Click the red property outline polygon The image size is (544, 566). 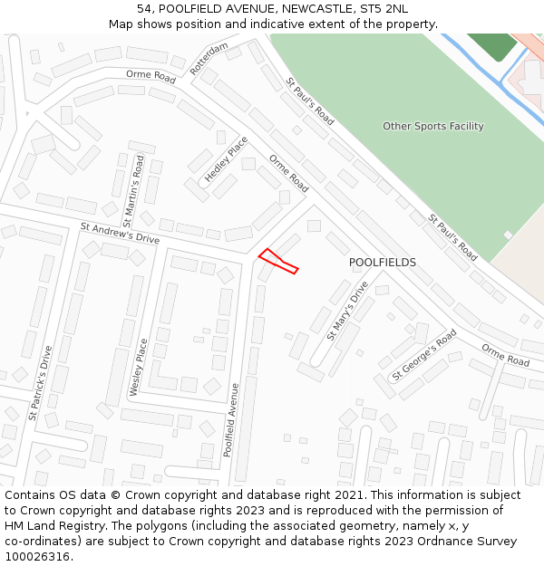[278, 261]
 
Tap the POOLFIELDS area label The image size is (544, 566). [383, 263]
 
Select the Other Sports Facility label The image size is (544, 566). [432, 127]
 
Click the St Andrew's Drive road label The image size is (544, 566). [120, 234]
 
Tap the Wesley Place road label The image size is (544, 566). [139, 368]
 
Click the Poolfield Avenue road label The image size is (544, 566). [232, 419]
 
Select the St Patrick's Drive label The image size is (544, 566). [40, 383]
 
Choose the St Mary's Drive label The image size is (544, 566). [347, 310]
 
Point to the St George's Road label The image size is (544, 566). [424, 354]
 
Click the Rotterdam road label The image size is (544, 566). [209, 58]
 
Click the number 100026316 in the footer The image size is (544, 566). [38, 557]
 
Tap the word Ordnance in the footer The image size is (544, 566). [452, 542]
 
